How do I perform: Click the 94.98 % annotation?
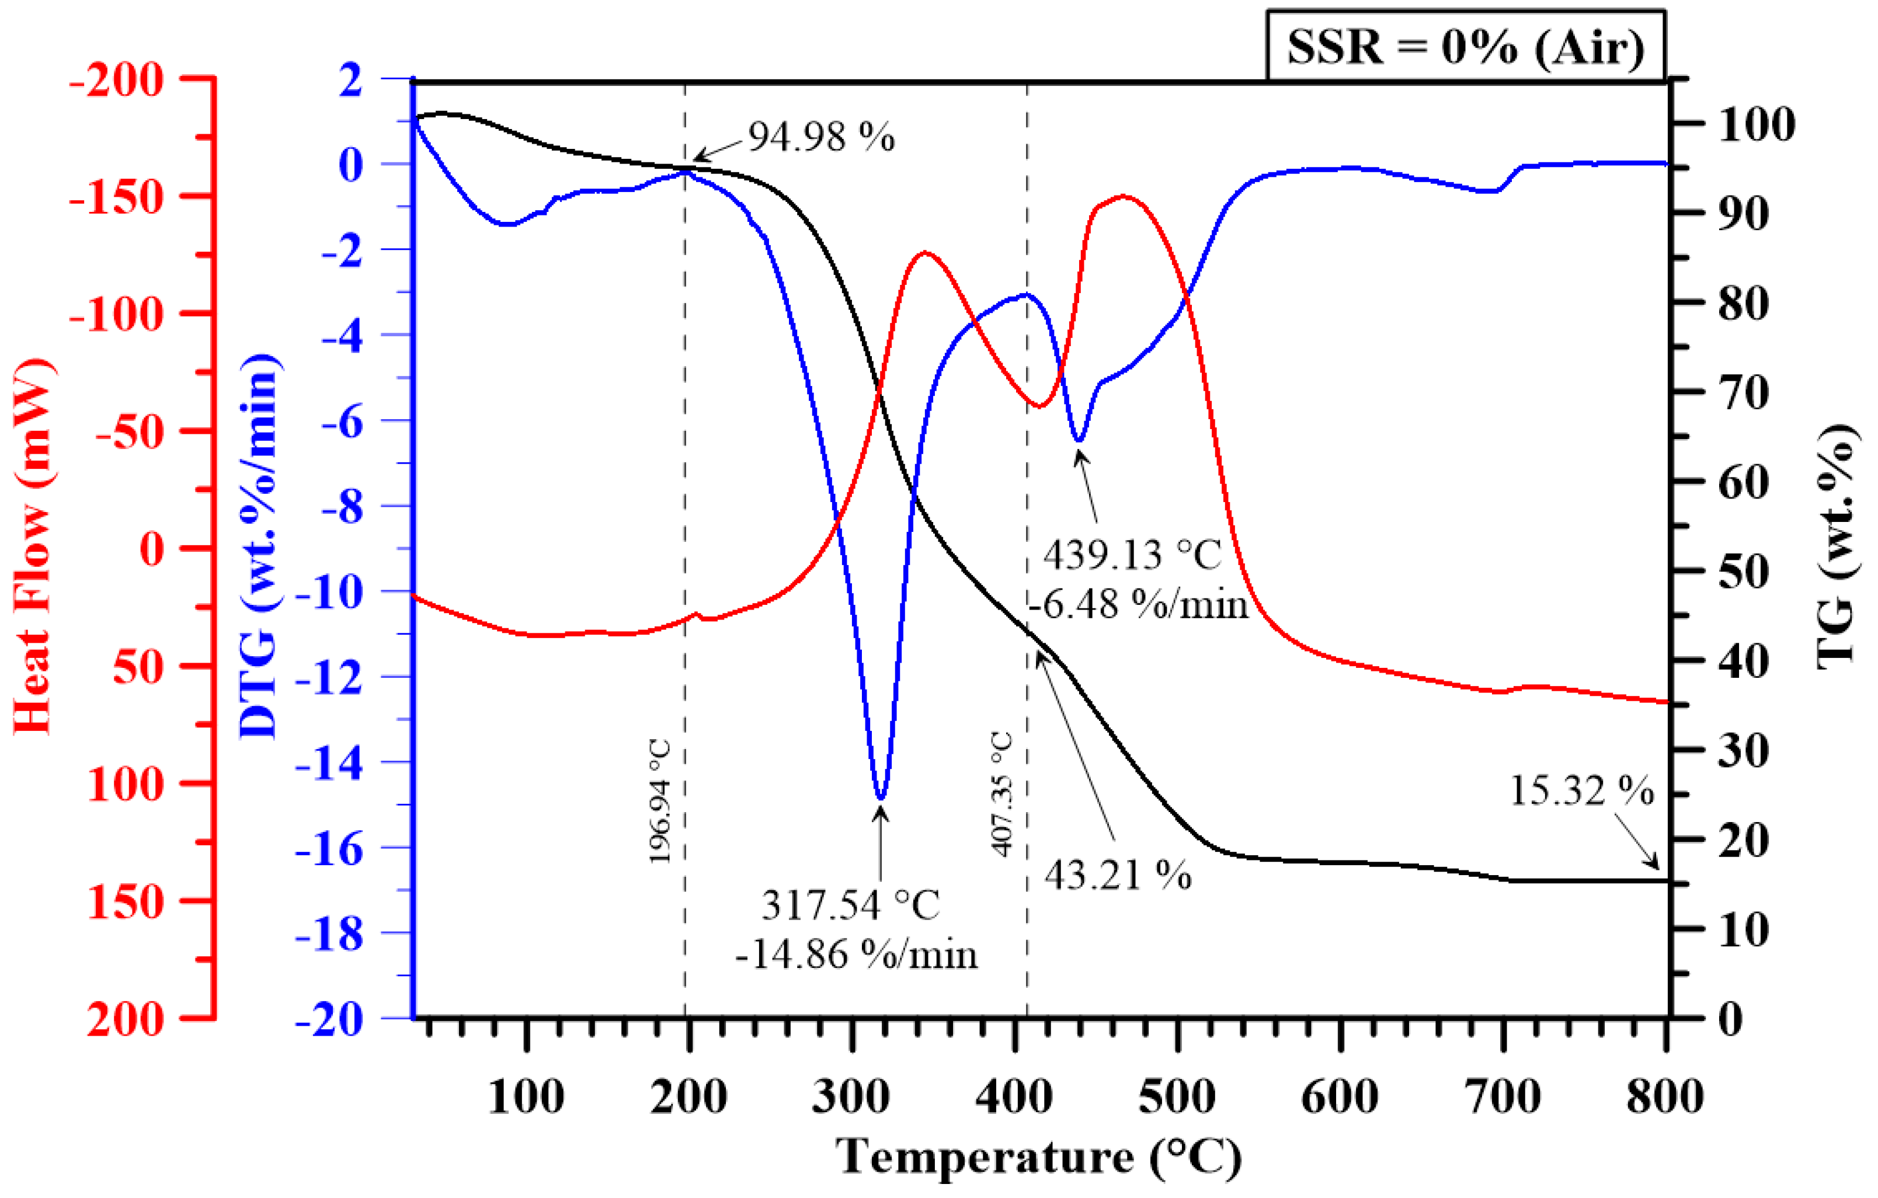point(821,137)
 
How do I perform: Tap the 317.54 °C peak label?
point(851,905)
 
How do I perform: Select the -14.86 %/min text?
point(855,955)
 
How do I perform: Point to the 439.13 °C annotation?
point(1132,555)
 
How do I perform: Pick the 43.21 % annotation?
point(1117,875)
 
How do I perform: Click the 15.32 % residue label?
point(1581,791)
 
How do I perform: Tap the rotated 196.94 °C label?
point(660,801)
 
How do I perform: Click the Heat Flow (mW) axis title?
point(33,546)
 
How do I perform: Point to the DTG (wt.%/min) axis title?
point(260,546)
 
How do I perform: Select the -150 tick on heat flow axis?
point(117,197)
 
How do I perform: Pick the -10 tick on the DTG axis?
point(329,593)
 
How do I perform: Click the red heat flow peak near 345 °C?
point(925,253)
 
